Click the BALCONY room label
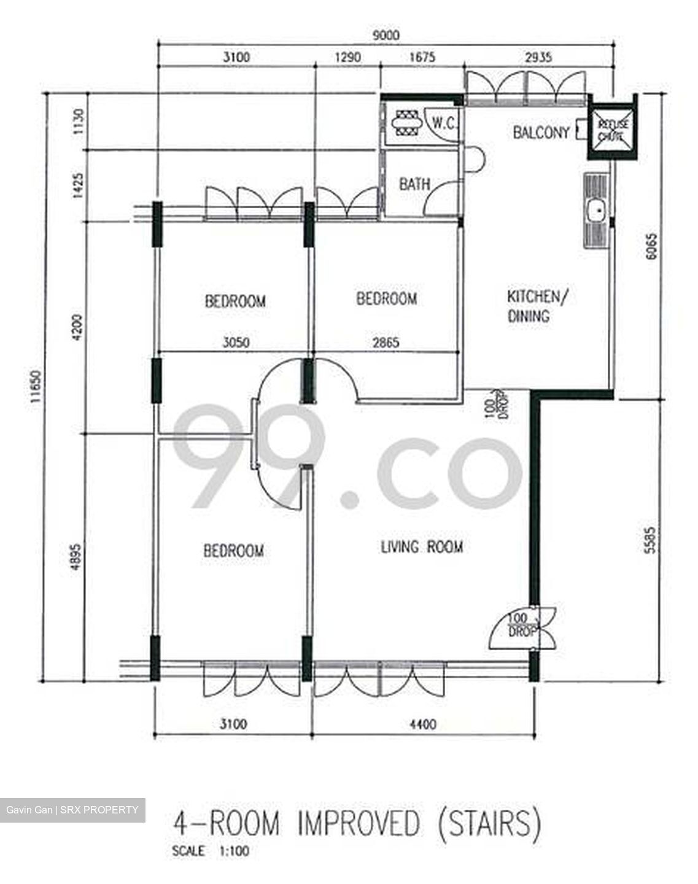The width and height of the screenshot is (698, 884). click(541, 132)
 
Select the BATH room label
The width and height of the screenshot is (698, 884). click(414, 184)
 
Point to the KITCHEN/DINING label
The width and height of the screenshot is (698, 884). click(532, 306)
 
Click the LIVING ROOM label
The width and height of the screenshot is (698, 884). click(422, 546)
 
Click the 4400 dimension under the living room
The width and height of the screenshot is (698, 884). click(422, 725)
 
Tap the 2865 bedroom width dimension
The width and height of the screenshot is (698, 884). click(385, 342)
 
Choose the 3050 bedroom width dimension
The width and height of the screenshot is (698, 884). click(235, 342)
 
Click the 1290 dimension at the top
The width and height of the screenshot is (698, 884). click(347, 57)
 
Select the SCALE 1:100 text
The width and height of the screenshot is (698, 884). click(211, 851)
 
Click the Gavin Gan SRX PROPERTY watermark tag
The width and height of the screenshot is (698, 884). click(72, 810)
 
